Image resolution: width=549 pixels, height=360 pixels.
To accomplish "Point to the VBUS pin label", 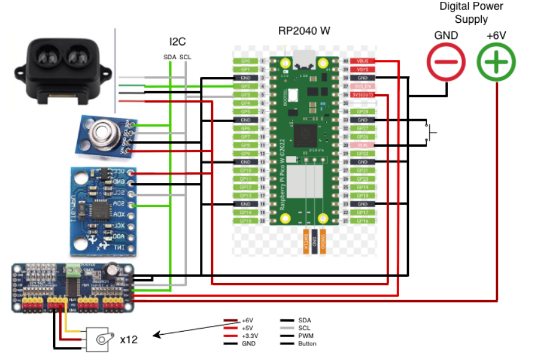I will pyautogui.click(x=362, y=61).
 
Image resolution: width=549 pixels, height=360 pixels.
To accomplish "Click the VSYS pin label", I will pyautogui.click(x=362, y=70).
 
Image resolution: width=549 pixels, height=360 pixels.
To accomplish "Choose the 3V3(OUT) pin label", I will pyautogui.click(x=362, y=95).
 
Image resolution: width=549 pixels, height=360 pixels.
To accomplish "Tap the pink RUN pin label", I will pyautogui.click(x=362, y=145).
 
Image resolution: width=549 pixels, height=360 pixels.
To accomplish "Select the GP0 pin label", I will pyautogui.click(x=245, y=61).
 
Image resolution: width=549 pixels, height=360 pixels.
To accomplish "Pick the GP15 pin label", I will pyautogui.click(x=245, y=220).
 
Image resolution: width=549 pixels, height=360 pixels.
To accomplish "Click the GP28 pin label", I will pyautogui.click(x=362, y=112).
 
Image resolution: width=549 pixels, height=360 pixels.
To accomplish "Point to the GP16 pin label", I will pyautogui.click(x=362, y=220).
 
